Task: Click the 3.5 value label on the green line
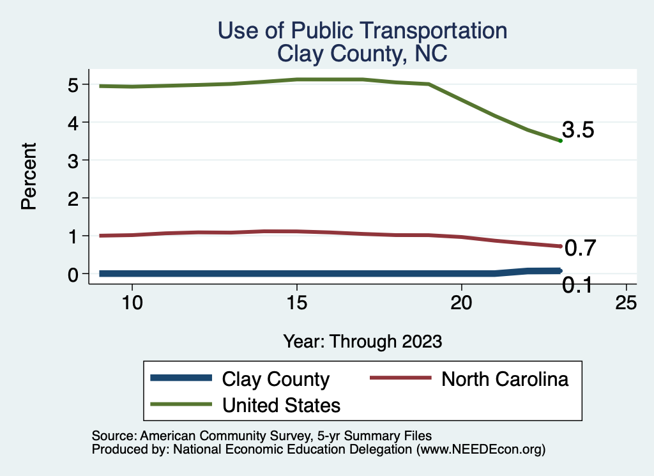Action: [x=579, y=130]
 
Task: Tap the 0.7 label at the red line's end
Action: [x=580, y=248]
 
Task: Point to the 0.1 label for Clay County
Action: [x=577, y=285]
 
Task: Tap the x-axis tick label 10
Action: [x=132, y=303]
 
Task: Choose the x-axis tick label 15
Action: [x=297, y=303]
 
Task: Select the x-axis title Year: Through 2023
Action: [x=363, y=341]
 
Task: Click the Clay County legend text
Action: [x=275, y=379]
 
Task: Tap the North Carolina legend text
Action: [x=505, y=379]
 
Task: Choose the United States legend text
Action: [x=281, y=404]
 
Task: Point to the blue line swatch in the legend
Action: [x=181, y=378]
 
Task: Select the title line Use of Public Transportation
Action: [x=362, y=31]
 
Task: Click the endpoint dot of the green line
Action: [x=560, y=141]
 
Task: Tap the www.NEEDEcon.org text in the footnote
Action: [x=481, y=449]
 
